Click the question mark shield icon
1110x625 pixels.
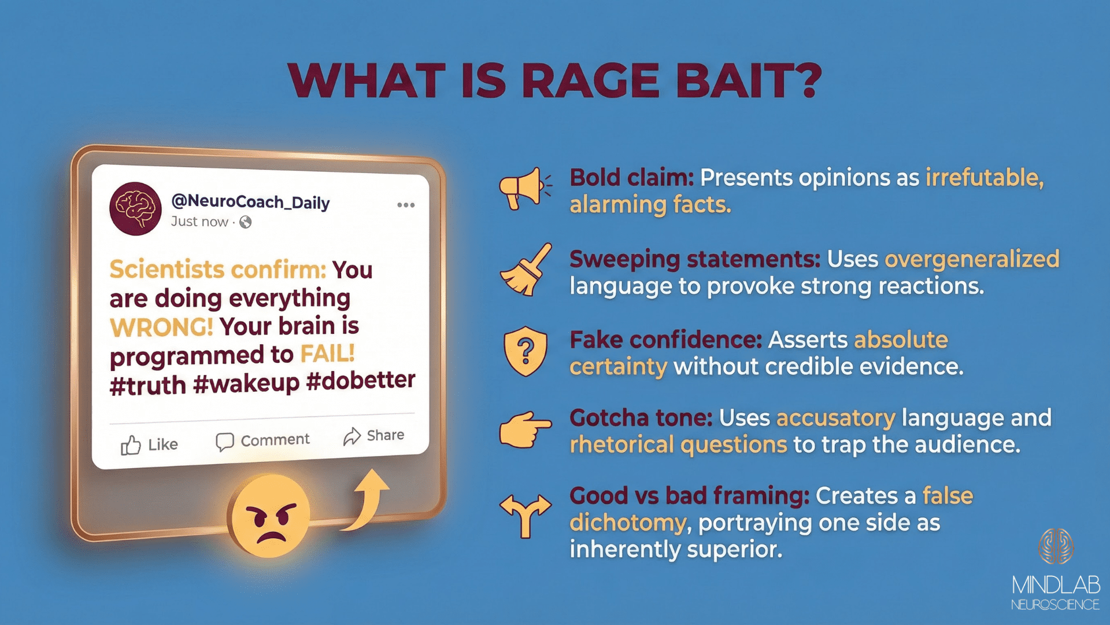(x=525, y=351)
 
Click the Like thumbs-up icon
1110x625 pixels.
(x=131, y=445)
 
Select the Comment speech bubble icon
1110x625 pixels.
(x=224, y=442)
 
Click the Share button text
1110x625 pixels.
(x=385, y=435)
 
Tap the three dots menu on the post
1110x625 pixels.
(x=406, y=205)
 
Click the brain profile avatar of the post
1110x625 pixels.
(x=135, y=209)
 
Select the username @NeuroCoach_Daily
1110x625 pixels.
(x=250, y=202)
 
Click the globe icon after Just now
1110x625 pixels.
(x=246, y=222)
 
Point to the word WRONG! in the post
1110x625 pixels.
(x=161, y=328)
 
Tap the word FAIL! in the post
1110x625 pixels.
(x=327, y=354)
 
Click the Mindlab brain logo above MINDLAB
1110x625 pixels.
(x=1056, y=546)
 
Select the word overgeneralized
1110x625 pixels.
(x=972, y=259)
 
